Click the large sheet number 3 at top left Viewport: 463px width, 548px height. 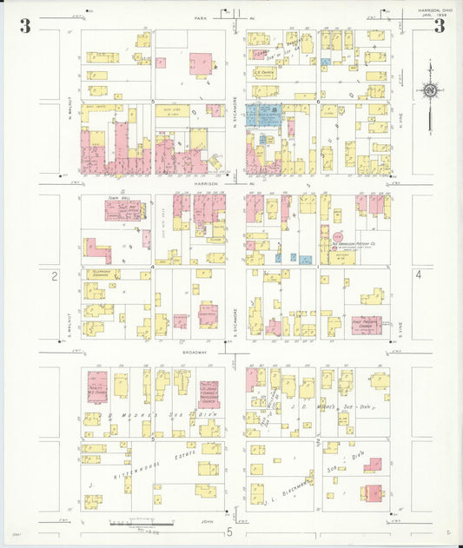[25, 25]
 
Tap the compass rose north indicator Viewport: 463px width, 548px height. [429, 89]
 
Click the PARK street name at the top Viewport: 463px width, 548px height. [202, 17]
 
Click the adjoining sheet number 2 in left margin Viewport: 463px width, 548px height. [54, 276]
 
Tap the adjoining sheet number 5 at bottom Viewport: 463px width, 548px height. [230, 531]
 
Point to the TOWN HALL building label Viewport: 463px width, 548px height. [118, 199]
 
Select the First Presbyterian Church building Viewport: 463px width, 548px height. [367, 326]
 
